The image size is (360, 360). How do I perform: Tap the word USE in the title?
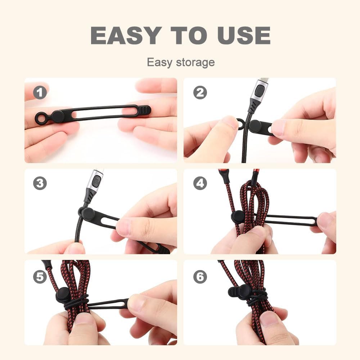[x=243, y=35]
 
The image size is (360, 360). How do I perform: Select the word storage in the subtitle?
[x=195, y=62]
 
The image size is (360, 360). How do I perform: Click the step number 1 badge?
[x=40, y=93]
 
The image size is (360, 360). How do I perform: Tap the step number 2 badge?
[x=200, y=93]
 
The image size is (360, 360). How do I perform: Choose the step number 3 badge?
[x=40, y=183]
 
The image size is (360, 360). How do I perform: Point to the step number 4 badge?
[x=200, y=183]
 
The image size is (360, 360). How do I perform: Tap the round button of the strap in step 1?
[x=58, y=116]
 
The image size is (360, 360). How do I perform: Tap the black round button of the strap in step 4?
[x=238, y=217]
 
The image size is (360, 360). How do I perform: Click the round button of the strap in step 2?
[x=255, y=126]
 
